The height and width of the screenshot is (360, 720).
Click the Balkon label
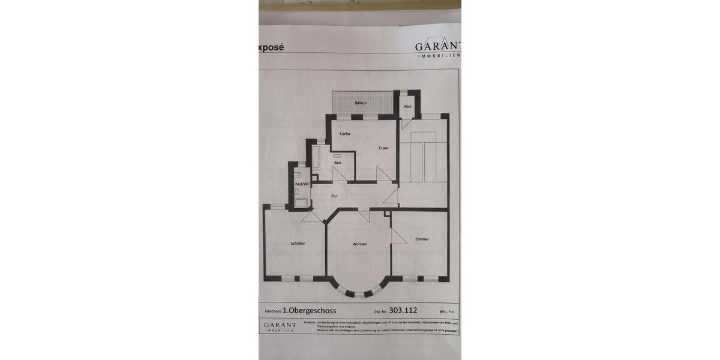coord(361,103)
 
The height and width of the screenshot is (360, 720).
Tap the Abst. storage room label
coord(408,106)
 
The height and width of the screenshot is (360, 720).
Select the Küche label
coord(344,133)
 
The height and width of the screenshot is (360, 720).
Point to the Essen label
coord(383,148)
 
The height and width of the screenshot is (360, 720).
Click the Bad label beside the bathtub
coord(337,163)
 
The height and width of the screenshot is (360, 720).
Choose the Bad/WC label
coord(302,184)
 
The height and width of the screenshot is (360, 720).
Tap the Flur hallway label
coord(334,196)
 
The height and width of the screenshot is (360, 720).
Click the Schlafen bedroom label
coord(298,243)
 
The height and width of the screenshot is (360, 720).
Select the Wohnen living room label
coord(360,244)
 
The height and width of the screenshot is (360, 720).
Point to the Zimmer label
coord(422,239)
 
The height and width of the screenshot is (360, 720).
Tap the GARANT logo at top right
coord(438,47)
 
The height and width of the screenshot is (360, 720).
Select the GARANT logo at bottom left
coord(280,326)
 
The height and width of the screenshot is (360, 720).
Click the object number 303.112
coord(403,310)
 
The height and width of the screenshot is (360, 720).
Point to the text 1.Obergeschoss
coord(310,311)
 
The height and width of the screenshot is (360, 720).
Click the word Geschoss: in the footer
coord(274,311)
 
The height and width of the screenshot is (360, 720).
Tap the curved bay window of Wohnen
coord(358,292)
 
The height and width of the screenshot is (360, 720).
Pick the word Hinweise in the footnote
coord(310,322)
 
